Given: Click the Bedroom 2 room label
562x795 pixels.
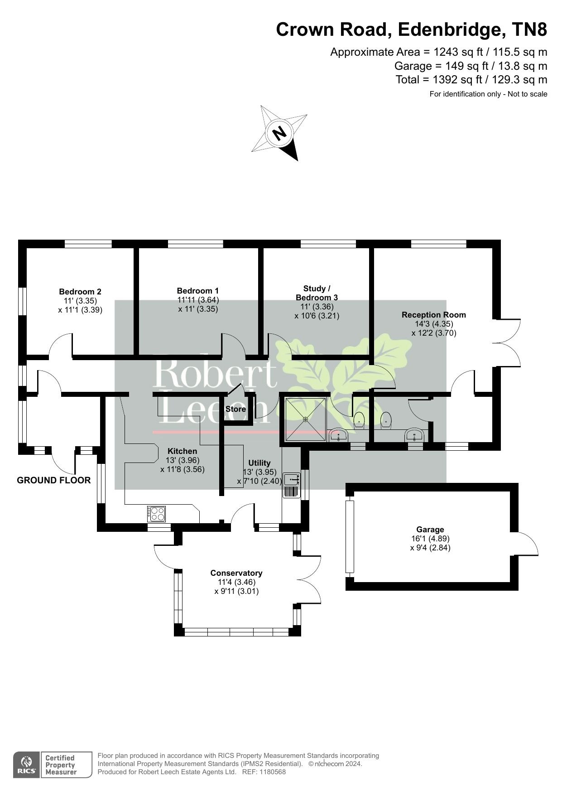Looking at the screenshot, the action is click(x=80, y=292).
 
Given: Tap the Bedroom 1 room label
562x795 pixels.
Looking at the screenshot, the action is click(x=198, y=291).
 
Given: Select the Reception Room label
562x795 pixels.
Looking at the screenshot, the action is click(x=434, y=315).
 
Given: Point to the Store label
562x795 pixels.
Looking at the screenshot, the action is click(x=236, y=409).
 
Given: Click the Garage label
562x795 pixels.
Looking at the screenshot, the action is click(x=430, y=530).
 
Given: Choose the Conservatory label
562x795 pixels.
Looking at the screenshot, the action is click(x=236, y=573).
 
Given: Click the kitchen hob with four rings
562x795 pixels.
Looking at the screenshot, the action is click(x=156, y=513).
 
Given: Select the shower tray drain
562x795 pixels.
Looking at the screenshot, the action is click(x=306, y=419).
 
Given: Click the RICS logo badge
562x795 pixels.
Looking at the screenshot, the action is click(x=26, y=765).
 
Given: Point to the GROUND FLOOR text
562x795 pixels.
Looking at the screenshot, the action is click(x=54, y=480).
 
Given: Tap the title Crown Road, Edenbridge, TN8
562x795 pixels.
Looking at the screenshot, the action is click(x=412, y=30).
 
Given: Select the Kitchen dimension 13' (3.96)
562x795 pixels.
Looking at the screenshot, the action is click(x=183, y=460).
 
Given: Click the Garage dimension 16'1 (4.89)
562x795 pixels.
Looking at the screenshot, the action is click(x=430, y=539).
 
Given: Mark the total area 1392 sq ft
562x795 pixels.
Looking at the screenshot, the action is click(x=451, y=80).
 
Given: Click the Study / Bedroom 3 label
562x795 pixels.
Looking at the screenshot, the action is click(x=317, y=293).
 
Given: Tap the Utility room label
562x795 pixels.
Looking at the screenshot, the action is click(x=259, y=463).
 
